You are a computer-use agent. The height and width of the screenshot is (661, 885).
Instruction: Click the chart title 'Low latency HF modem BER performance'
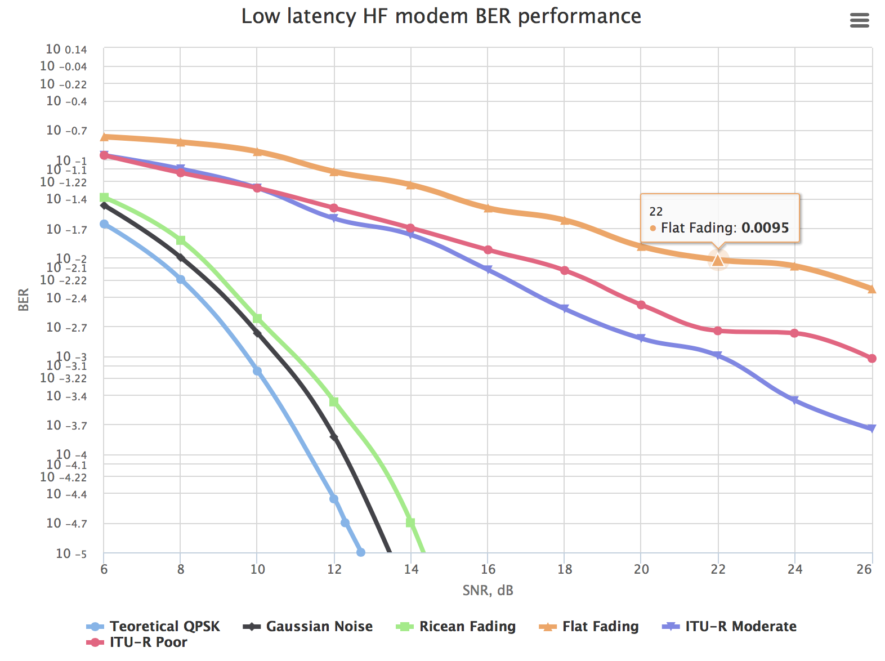click(441, 16)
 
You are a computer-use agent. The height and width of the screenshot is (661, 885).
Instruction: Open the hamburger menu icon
click(859, 21)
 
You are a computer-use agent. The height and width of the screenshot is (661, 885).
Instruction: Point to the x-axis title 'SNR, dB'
click(488, 590)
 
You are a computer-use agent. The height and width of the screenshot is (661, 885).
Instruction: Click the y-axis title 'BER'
click(23, 300)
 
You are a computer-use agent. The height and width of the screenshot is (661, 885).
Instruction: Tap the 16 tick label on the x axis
click(488, 569)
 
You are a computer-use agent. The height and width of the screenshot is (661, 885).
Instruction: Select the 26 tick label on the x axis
click(864, 569)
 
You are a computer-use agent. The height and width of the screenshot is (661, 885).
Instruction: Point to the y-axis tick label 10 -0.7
click(66, 131)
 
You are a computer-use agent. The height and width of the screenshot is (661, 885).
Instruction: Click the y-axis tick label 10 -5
click(71, 553)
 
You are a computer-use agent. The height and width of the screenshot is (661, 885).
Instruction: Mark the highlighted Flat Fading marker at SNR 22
click(718, 260)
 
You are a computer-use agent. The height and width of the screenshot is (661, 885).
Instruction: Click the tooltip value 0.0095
click(765, 228)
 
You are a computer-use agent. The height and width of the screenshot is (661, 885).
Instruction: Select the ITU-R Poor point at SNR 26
click(871, 358)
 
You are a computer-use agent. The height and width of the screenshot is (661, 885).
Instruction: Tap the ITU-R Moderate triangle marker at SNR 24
click(794, 400)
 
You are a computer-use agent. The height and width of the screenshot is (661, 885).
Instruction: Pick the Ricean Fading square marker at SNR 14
click(410, 522)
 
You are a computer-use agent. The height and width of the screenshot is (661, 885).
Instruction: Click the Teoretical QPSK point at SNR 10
click(257, 371)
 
